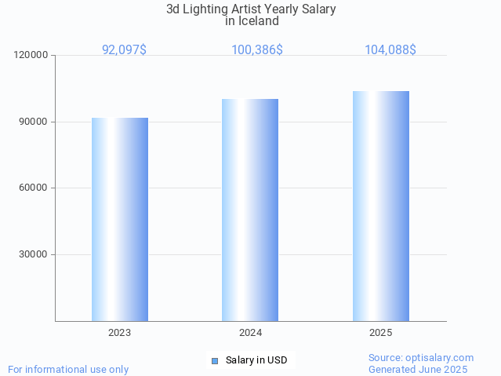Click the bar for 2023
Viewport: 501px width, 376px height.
coord(120,219)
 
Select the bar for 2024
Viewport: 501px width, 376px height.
coord(250,210)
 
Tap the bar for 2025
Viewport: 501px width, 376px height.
coord(380,206)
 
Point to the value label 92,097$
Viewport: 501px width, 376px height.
coord(124,49)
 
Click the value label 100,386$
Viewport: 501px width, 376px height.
coord(257,49)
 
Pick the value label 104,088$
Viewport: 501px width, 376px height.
coord(390,49)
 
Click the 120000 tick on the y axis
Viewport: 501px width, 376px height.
coord(32,55)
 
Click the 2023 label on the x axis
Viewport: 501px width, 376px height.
coord(120,333)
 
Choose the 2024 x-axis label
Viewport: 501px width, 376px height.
coord(250,333)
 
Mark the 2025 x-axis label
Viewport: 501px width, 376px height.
coord(380,333)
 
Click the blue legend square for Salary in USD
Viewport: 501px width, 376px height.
coord(215,361)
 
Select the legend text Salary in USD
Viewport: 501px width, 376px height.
coord(256,360)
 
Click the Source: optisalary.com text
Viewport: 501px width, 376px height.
coord(421,357)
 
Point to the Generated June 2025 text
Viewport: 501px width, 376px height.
coord(418,369)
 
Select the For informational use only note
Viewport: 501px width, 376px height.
coord(68,369)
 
